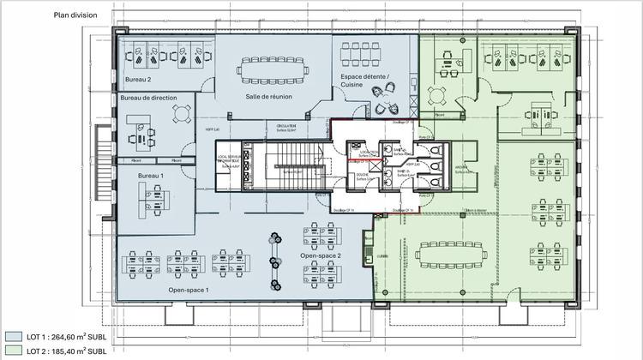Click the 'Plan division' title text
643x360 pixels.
click(75, 15)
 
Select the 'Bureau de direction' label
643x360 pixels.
click(148, 99)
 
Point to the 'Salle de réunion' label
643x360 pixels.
click(268, 96)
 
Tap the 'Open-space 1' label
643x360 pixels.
click(189, 290)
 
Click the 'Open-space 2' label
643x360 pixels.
click(321, 256)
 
